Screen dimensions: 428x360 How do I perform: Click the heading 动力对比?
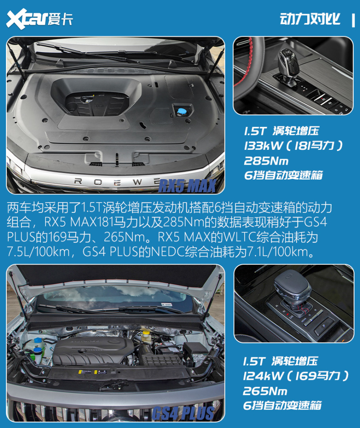click(310, 20)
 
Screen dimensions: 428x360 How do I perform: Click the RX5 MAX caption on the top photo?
click(188, 185)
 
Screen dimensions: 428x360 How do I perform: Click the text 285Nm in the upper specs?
click(266, 160)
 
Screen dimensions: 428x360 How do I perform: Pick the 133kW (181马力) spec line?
click(293, 146)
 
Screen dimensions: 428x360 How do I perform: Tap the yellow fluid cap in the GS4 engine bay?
click(146, 332)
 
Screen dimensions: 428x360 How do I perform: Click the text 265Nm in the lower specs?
click(265, 391)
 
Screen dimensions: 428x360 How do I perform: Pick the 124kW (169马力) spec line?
click(296, 376)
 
